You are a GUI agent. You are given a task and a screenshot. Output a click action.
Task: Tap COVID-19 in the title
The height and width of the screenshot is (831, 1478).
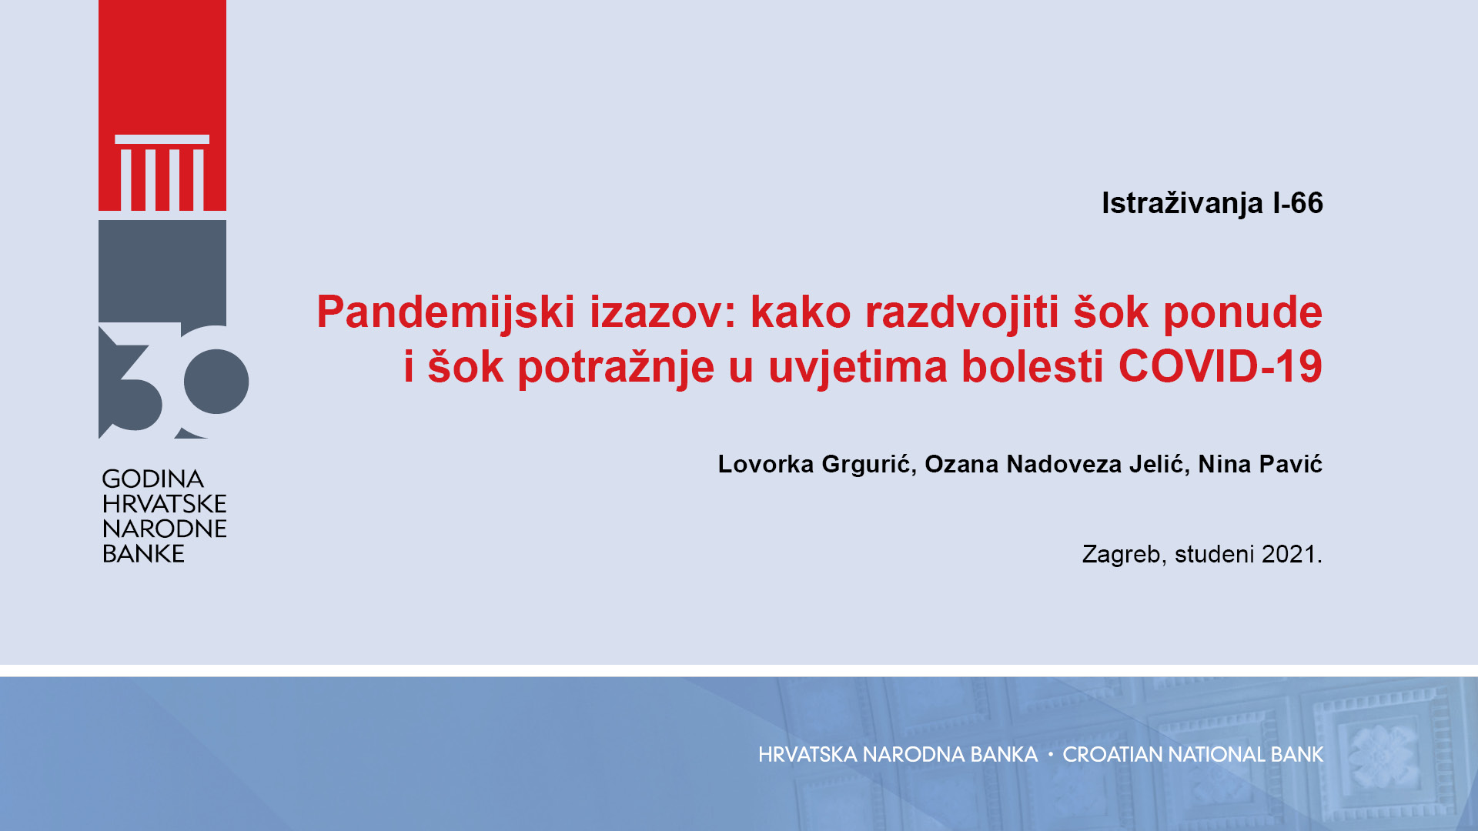click(1220, 366)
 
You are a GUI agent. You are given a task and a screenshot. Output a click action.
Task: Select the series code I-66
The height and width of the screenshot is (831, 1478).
click(1298, 203)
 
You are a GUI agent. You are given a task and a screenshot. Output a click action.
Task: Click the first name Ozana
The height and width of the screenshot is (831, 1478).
click(961, 465)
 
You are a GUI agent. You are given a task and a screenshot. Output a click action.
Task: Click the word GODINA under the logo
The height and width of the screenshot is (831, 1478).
click(152, 479)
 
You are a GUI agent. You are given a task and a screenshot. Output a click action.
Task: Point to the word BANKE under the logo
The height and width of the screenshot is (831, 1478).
click(143, 554)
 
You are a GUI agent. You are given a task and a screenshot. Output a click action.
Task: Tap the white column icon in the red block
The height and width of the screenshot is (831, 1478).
click(162, 173)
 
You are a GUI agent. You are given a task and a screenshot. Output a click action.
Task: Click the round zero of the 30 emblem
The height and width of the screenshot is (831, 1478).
click(216, 381)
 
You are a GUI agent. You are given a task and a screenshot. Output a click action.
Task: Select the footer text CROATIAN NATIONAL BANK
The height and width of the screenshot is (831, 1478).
click(1193, 755)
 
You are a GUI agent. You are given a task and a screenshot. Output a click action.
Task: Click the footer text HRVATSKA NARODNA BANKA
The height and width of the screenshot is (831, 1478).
click(898, 755)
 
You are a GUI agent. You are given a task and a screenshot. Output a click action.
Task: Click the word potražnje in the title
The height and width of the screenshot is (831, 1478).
click(616, 367)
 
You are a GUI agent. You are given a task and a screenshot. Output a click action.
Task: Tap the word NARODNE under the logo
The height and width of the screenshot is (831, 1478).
click(165, 529)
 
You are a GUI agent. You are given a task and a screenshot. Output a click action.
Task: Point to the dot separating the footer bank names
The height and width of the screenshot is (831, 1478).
click(1050, 755)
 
